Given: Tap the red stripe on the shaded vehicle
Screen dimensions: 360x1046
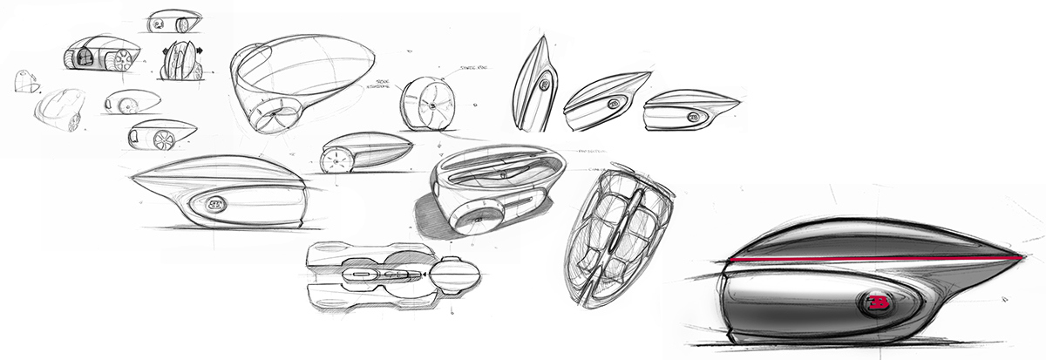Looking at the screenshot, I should point(872,259).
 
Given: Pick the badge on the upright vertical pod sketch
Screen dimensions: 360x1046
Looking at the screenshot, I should point(545,85).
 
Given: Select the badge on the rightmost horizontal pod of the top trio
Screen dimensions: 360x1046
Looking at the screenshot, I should point(695,116).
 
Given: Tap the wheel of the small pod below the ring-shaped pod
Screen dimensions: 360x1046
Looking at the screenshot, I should point(336,160).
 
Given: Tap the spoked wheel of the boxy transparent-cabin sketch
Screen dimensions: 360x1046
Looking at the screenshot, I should point(124,60).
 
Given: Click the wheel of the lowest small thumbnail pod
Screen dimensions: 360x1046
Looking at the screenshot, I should point(164,139).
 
